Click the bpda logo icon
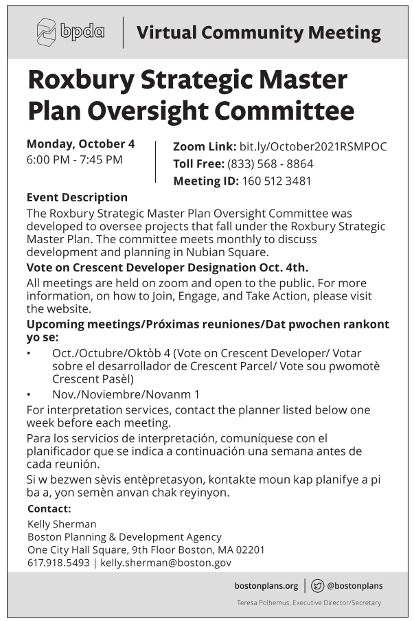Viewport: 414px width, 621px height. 47,32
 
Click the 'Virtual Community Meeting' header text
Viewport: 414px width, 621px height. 258,32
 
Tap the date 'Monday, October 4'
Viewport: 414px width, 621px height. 80,144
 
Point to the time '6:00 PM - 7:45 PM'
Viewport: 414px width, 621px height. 74,160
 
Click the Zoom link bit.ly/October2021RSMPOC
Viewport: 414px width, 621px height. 312,146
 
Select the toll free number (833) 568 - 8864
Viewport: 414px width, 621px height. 270,164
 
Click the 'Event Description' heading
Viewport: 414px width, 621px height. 77,198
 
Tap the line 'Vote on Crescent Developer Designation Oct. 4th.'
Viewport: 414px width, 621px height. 168,267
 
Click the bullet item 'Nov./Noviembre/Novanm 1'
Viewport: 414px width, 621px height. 126,395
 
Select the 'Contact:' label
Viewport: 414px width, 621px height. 49,509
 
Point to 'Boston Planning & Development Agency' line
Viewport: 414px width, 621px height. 115,537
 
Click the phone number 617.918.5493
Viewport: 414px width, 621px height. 58,563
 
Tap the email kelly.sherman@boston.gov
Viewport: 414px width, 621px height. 165,563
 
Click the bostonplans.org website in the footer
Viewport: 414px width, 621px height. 266,586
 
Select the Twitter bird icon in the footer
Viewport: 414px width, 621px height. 317,586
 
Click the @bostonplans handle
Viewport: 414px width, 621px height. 355,586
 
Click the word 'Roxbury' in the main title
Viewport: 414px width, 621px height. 92,81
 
